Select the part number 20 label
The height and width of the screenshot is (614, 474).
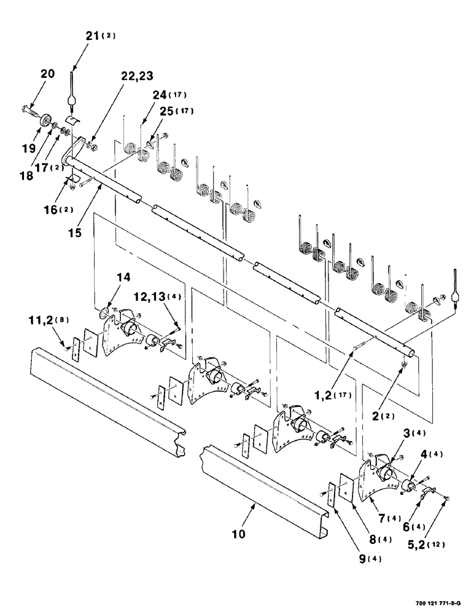[x=47, y=74]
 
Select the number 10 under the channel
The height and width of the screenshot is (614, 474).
[x=238, y=534]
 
